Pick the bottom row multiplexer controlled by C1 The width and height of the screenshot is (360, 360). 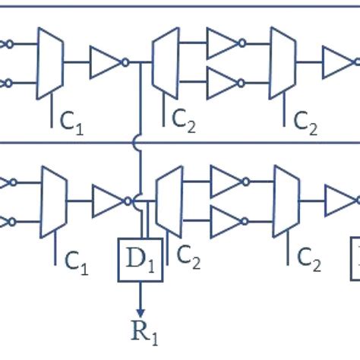pos(53,202)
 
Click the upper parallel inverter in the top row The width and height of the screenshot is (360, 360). pos(223,44)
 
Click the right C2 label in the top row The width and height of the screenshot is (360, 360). pos(305,118)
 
